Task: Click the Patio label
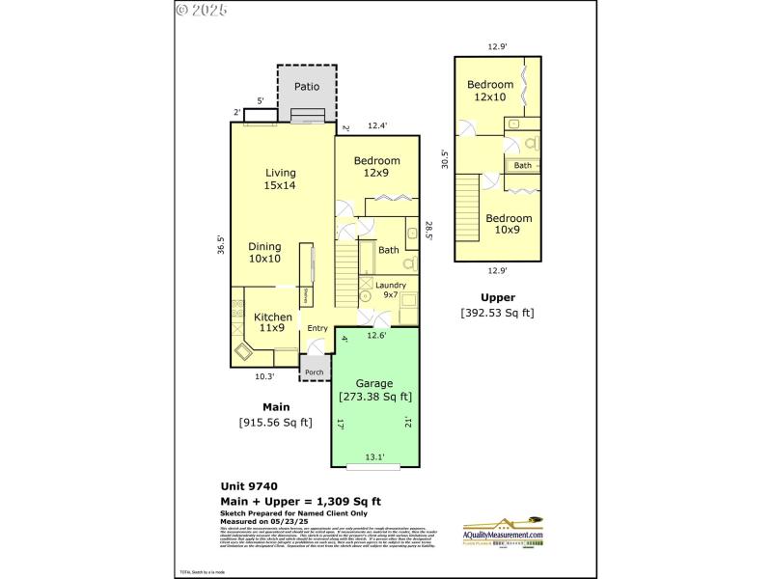[x=307, y=87]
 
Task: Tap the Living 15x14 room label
[x=281, y=179]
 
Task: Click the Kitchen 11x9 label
[x=273, y=322]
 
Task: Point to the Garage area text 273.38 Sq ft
[x=375, y=397]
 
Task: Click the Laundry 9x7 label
[x=391, y=290]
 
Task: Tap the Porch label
[x=313, y=372]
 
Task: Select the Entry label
[x=317, y=328]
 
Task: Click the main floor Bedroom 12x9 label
[x=375, y=167]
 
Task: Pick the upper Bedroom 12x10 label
[x=489, y=91]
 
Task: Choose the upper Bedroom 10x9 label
[x=509, y=224]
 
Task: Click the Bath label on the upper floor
[x=522, y=166]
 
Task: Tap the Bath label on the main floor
[x=388, y=250]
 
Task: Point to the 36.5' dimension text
[x=221, y=246]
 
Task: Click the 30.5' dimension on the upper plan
[x=444, y=158]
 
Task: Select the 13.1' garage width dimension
[x=374, y=457]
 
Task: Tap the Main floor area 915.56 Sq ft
[x=275, y=422]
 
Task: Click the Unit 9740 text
[x=249, y=487]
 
